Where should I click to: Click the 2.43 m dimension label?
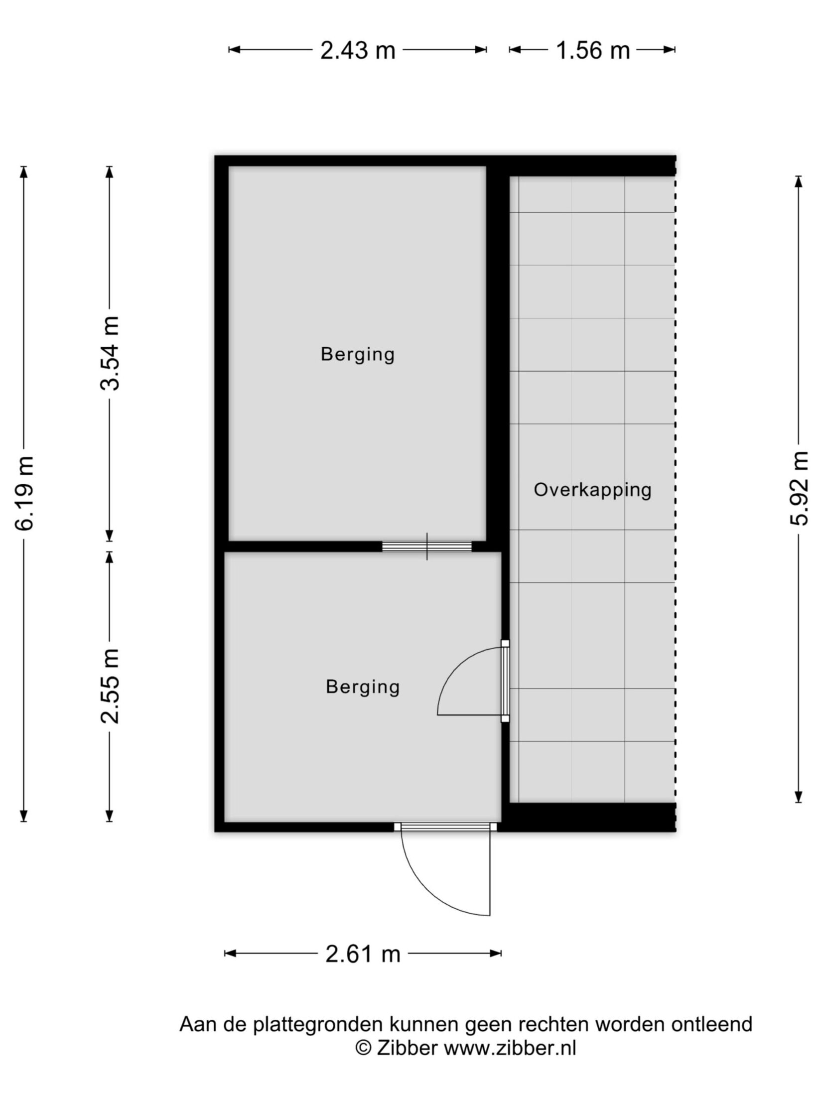click(358, 50)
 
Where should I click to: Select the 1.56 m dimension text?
click(593, 50)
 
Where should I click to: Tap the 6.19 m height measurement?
click(24, 493)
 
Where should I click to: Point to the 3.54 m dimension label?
click(110, 353)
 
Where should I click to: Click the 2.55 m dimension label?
click(110, 686)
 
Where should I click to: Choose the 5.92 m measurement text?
click(799, 488)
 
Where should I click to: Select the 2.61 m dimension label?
click(363, 954)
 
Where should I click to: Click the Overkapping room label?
click(592, 490)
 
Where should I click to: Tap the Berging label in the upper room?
click(358, 354)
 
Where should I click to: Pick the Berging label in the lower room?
click(363, 686)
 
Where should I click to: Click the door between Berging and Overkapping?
click(505, 681)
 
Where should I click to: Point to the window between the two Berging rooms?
click(427, 546)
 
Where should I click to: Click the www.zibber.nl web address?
click(510, 1048)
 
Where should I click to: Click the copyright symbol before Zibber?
click(363, 1048)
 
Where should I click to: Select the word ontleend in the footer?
click(711, 1024)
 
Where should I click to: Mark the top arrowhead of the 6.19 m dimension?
click(24, 172)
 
